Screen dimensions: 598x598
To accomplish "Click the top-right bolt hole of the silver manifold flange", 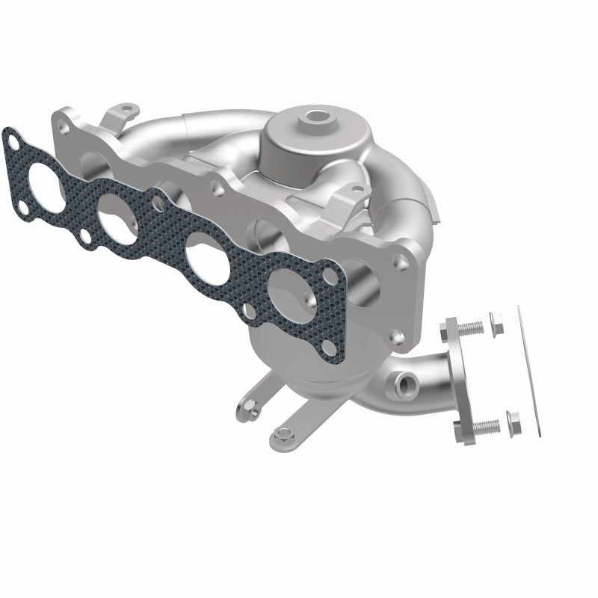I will (x=404, y=262).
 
